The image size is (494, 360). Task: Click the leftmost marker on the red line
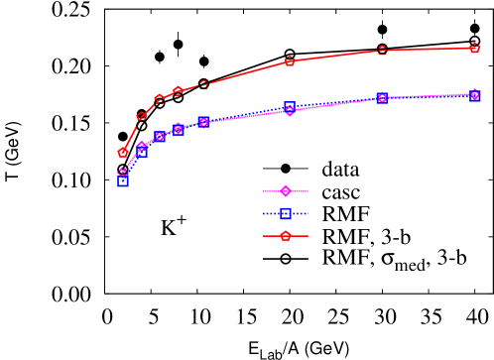click(123, 153)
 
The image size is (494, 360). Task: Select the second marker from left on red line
click(141, 117)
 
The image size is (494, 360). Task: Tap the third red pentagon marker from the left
click(159, 99)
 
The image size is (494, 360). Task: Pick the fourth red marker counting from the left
click(178, 91)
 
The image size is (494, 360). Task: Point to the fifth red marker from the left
click(203, 85)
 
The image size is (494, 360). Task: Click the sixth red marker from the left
click(289, 61)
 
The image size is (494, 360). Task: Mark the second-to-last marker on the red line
click(382, 51)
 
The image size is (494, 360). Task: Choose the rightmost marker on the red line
click(475, 48)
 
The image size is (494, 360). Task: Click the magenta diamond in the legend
click(285, 190)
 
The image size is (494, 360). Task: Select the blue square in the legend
click(285, 213)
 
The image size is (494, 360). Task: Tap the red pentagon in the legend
click(285, 236)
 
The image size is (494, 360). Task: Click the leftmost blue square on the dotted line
click(123, 181)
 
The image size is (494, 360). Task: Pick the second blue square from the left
click(142, 152)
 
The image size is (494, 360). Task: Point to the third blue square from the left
click(160, 137)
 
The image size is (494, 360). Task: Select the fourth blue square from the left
click(178, 130)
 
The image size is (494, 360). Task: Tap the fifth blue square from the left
click(203, 123)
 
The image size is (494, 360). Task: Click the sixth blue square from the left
click(289, 106)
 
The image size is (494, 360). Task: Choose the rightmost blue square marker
click(475, 96)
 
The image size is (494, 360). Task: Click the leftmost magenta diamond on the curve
click(123, 173)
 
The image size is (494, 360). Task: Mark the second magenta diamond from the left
click(141, 146)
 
